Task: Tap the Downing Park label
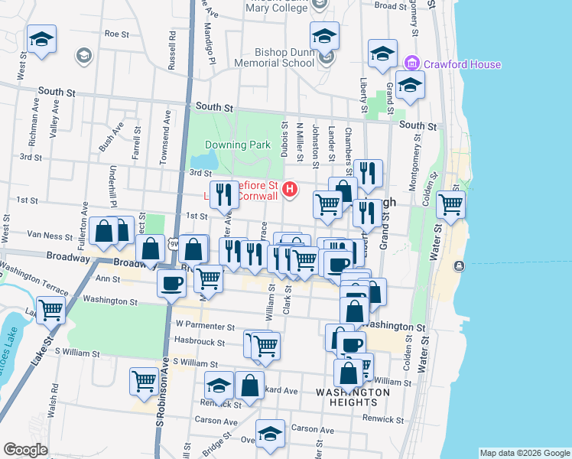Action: (x=236, y=145)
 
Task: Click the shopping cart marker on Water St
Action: (x=450, y=203)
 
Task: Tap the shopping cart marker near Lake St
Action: (x=50, y=310)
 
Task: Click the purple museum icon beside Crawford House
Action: (x=411, y=62)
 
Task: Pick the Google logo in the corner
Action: (x=24, y=450)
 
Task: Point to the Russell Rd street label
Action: (x=173, y=46)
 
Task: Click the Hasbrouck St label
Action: (x=200, y=343)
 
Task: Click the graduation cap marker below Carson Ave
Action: (x=269, y=434)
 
